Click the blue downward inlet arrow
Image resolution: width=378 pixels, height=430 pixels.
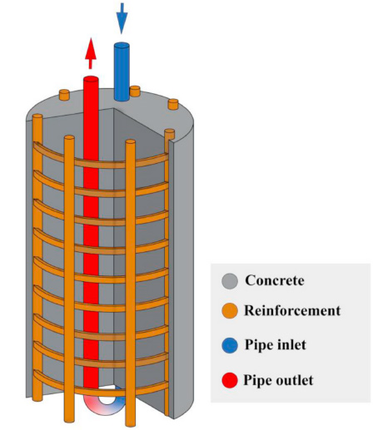pos(122,17)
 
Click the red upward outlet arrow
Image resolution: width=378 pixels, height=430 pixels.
pos(91,54)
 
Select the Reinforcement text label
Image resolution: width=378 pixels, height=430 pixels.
pos(292,311)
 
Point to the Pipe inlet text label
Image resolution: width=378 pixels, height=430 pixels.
pos(276,342)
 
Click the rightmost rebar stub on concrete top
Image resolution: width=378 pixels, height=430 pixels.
pos(173,105)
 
